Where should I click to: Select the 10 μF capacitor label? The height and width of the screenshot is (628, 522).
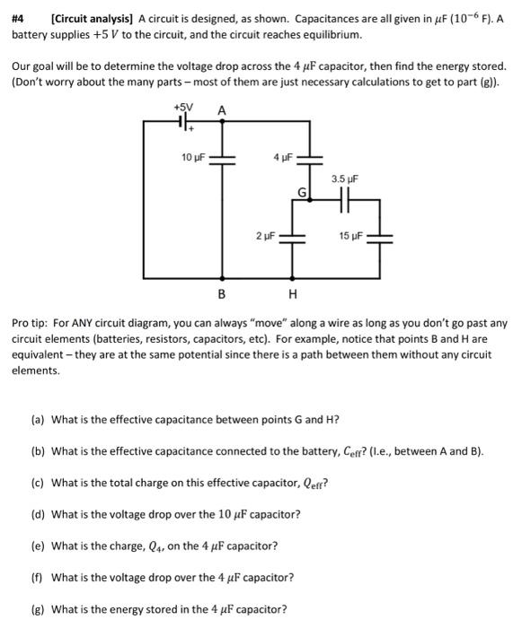193,157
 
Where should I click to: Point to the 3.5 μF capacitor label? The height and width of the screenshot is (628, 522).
344,179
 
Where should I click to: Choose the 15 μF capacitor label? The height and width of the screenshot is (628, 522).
352,236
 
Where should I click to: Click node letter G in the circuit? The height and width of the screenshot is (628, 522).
303,193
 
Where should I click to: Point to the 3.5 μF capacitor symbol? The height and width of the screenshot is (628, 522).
344,203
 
